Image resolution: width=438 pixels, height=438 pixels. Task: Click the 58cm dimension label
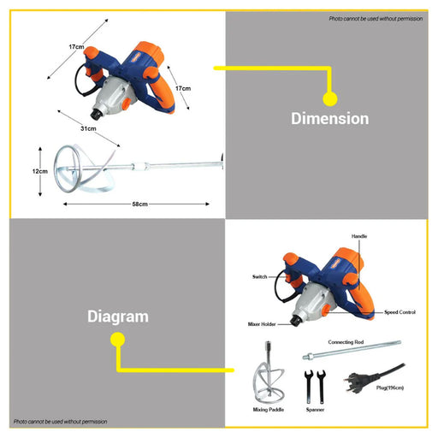[x=139, y=204]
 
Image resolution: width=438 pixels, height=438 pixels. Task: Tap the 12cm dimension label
[x=40, y=171]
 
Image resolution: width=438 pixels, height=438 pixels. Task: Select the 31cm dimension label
[x=88, y=128]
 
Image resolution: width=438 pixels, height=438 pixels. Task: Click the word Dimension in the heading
[x=330, y=119]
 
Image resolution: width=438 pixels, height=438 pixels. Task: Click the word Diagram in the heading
[x=118, y=317]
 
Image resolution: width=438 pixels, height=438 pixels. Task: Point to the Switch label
[x=259, y=276]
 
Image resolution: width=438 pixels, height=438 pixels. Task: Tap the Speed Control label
[x=400, y=312]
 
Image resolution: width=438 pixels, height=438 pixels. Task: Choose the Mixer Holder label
[x=262, y=324]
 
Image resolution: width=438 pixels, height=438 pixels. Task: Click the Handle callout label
[x=359, y=236]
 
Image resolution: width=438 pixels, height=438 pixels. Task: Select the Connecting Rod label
[x=346, y=342]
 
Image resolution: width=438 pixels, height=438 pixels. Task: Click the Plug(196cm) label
[x=390, y=388]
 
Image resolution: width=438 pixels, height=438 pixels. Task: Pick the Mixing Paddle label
[x=269, y=410]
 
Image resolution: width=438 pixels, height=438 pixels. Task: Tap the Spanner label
[x=315, y=410]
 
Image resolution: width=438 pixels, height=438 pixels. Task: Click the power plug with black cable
[x=370, y=378]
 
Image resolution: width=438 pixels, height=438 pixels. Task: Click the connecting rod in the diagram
[x=352, y=350]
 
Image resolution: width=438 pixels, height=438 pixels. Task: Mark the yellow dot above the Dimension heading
[x=330, y=99]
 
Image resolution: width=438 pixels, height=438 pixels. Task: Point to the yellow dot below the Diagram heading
[x=117, y=340]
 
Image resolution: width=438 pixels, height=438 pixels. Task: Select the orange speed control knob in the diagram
[x=326, y=311]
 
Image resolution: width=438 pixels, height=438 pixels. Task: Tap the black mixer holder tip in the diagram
[x=295, y=321]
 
